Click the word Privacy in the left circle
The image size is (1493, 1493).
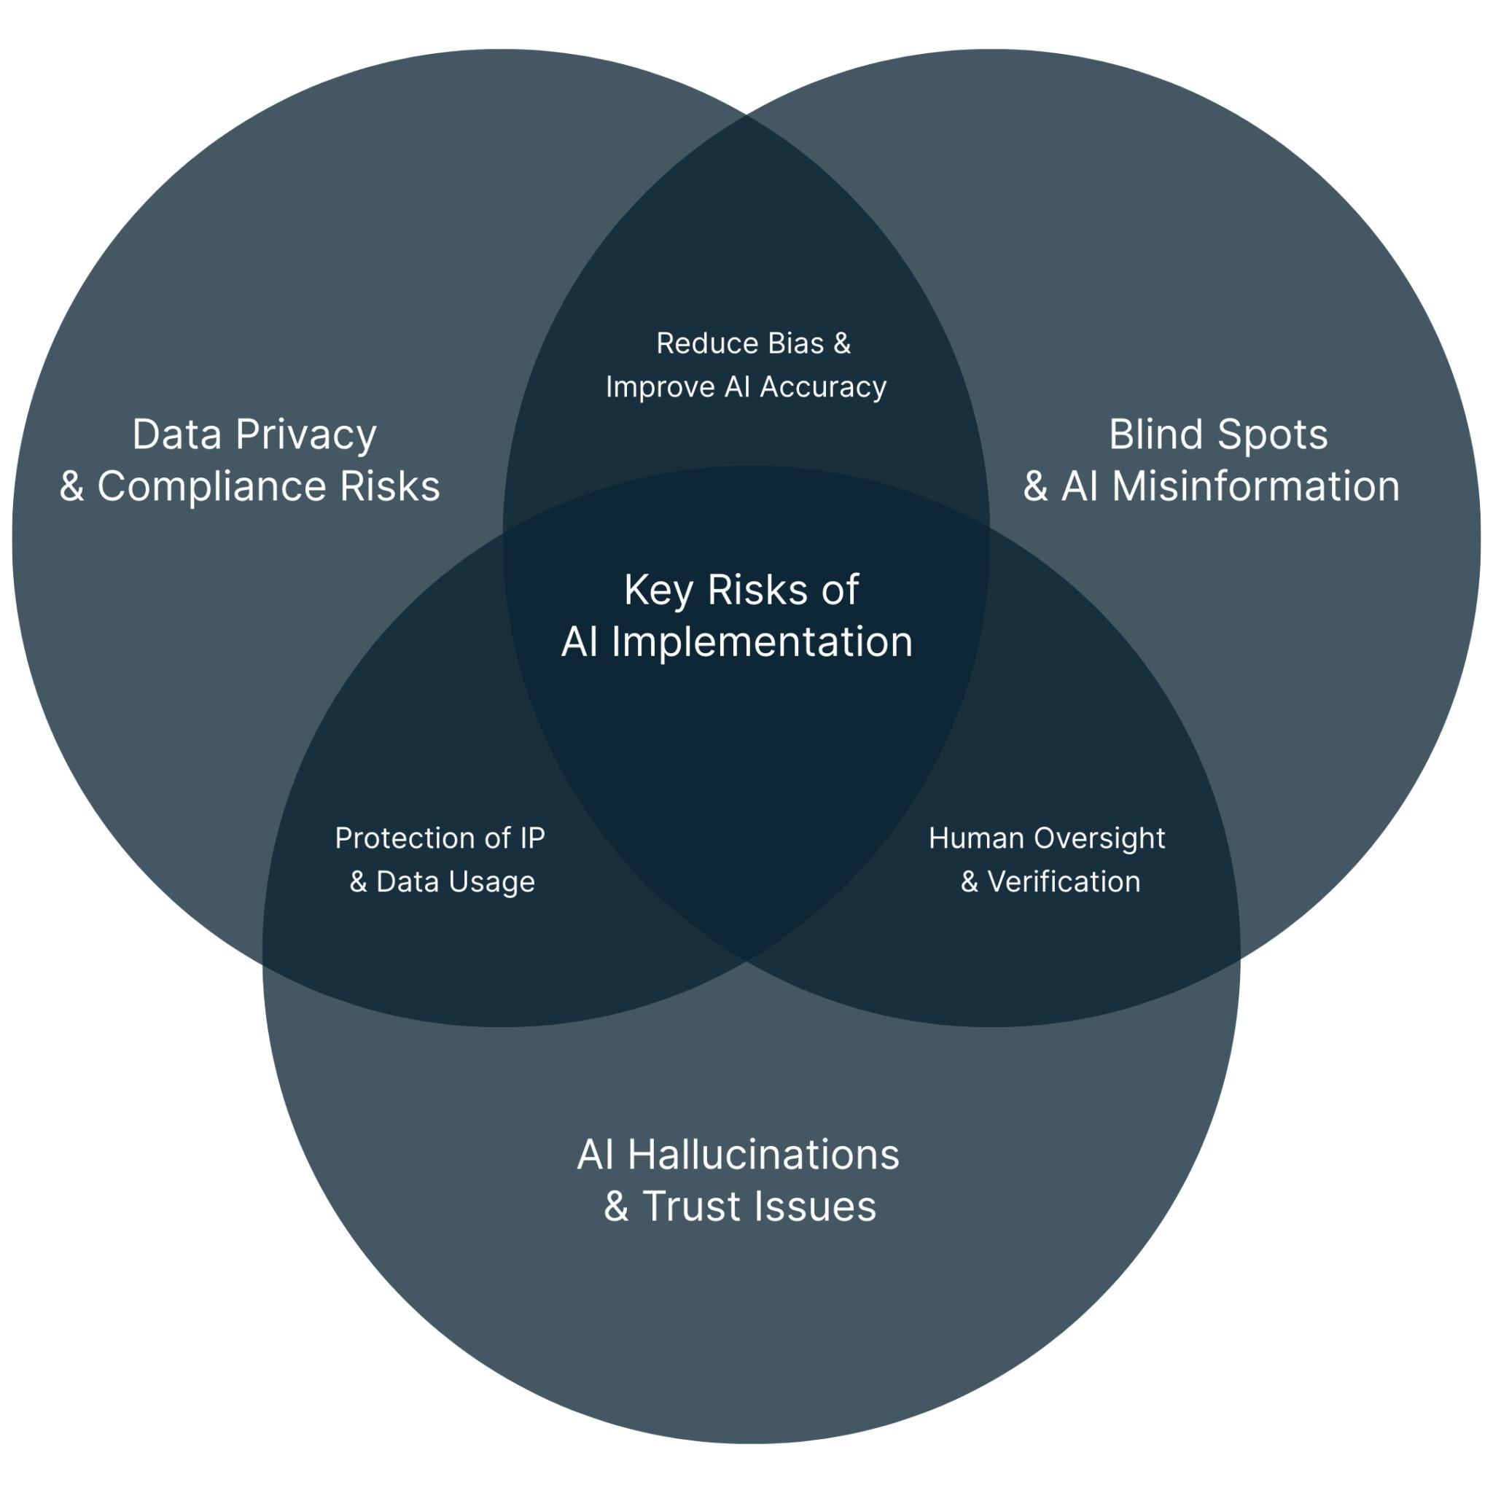[306, 435]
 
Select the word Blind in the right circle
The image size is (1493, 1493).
[1153, 434]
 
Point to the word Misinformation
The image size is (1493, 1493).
[1255, 487]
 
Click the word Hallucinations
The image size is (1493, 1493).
[763, 1155]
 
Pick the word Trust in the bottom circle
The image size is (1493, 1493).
[691, 1207]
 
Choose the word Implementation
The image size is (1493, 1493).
[762, 642]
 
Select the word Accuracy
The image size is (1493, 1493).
[823, 387]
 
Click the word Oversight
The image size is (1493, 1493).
[1099, 838]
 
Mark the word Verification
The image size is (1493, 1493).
[1064, 882]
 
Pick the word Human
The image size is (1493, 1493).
[976, 838]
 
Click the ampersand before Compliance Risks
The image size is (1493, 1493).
[72, 487]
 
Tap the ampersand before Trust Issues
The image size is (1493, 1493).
[616, 1207]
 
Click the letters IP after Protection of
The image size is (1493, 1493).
[532, 838]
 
